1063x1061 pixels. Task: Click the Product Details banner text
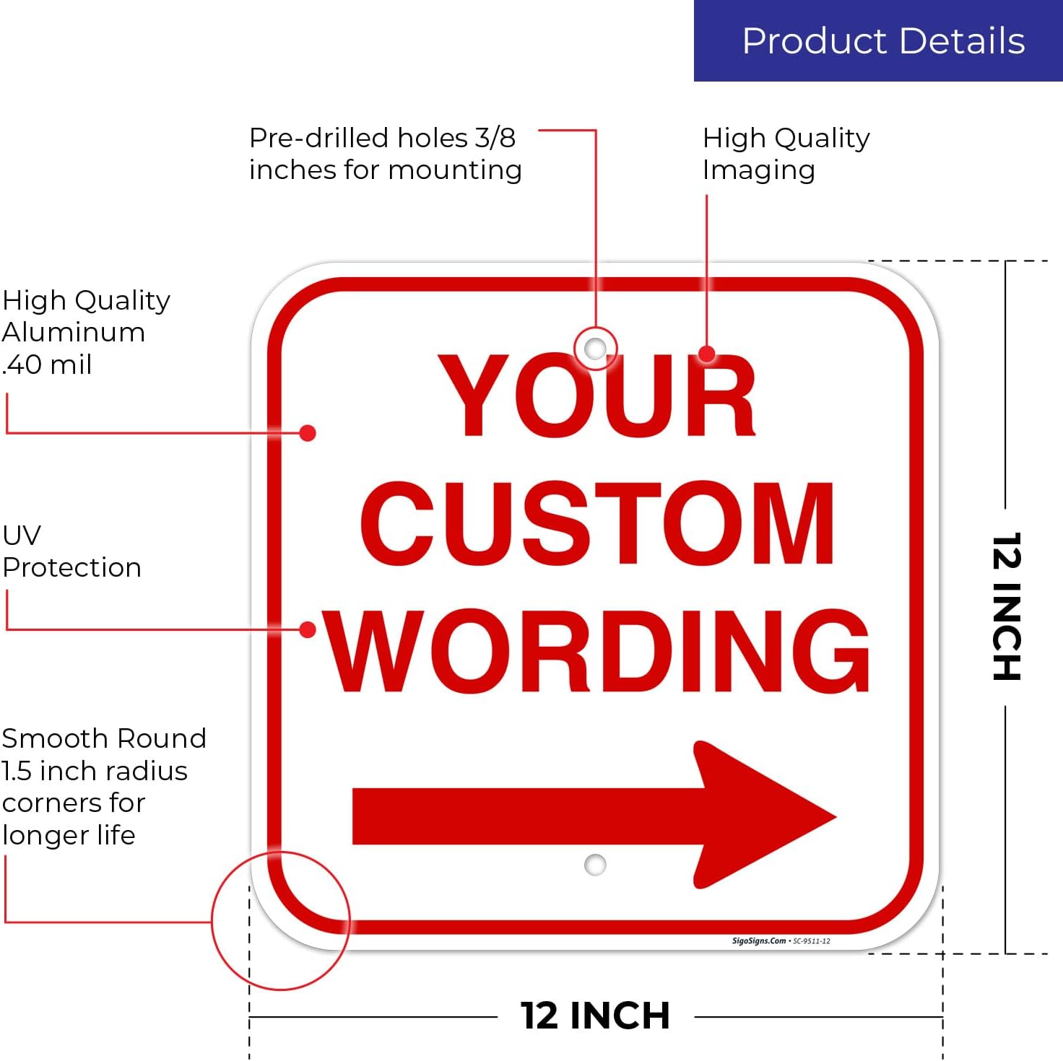coord(883,41)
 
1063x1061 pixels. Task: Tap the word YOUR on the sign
coord(596,395)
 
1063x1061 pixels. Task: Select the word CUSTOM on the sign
coord(597,523)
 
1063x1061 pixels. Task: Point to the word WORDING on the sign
coord(597,651)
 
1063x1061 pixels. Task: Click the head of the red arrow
coord(765,814)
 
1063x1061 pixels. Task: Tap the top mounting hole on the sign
coord(595,349)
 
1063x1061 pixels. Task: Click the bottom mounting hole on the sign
coord(595,864)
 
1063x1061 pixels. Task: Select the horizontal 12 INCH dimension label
coord(595,1016)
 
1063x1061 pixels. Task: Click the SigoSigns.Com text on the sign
coord(758,940)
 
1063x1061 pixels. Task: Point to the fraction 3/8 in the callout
coord(495,138)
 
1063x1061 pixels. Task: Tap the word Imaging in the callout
coord(759,171)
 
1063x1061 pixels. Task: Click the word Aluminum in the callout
coord(74,333)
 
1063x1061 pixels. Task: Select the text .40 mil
coord(47,364)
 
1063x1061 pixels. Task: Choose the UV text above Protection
coord(22,536)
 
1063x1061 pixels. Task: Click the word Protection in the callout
coord(72,567)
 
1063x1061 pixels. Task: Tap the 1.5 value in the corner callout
coord(16,771)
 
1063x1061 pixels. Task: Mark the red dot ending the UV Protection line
coord(307,629)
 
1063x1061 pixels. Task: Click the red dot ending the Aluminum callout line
coord(307,433)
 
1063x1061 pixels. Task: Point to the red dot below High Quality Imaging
coord(707,354)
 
